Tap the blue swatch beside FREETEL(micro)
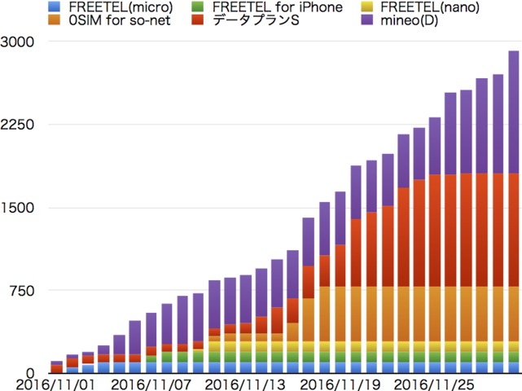coord(55,7)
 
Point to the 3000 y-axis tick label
coord(17,42)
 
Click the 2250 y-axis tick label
coord(17,125)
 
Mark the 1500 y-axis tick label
coord(17,207)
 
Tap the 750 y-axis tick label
coord(21,290)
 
